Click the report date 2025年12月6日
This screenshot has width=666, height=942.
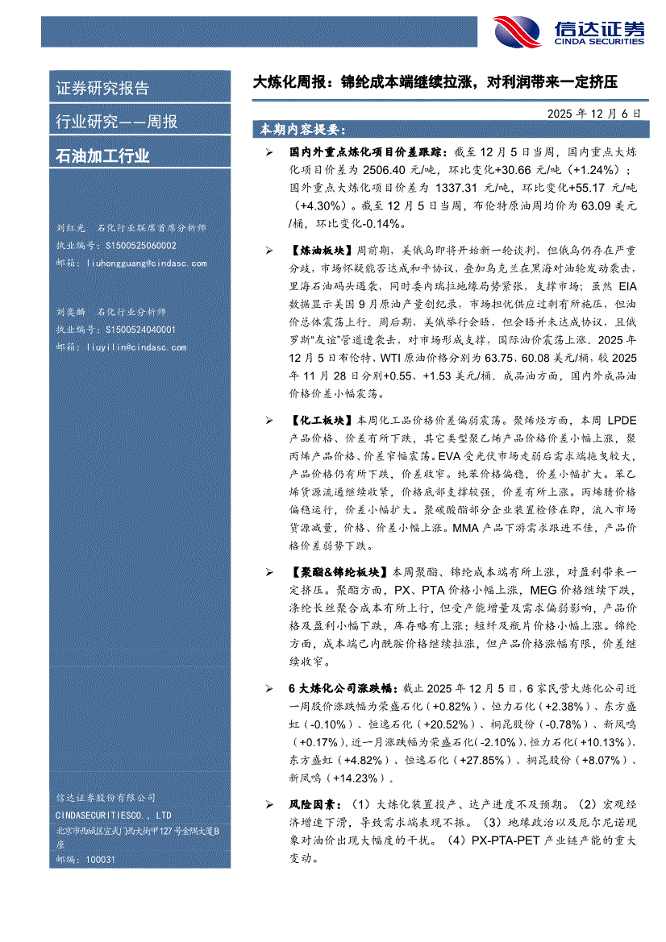tap(593, 114)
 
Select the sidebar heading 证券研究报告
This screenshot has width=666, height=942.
tap(102, 89)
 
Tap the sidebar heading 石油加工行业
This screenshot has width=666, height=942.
tap(102, 156)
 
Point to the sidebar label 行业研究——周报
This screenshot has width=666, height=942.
tap(117, 122)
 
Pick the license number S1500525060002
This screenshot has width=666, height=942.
tap(140, 245)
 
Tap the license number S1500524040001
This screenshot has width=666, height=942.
tap(140, 330)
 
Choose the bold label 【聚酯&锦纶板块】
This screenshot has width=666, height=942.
tap(339, 572)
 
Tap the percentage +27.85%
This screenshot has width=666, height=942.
tap(481, 760)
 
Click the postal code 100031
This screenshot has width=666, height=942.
tap(100, 859)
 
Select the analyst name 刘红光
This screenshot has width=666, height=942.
tap(69, 228)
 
